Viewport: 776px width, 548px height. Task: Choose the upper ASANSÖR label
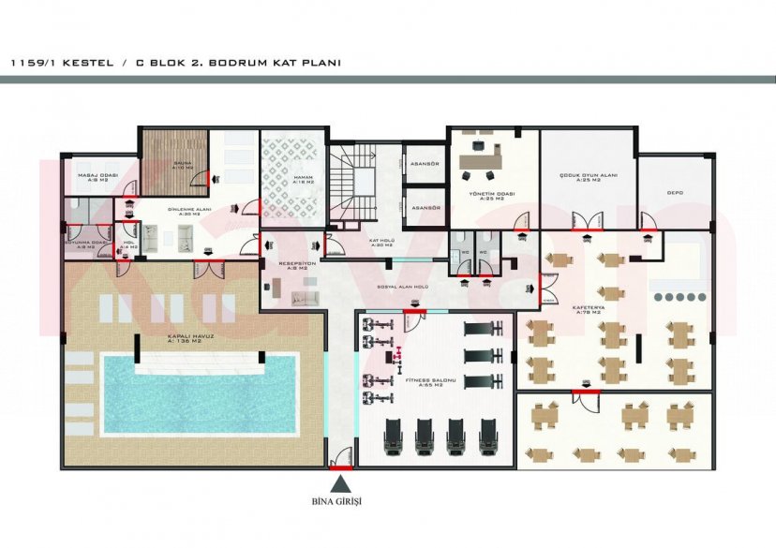(425, 164)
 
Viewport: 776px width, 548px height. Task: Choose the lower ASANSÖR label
(427, 207)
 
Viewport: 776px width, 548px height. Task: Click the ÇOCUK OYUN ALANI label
(587, 177)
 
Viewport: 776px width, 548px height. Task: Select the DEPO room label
(675, 193)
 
